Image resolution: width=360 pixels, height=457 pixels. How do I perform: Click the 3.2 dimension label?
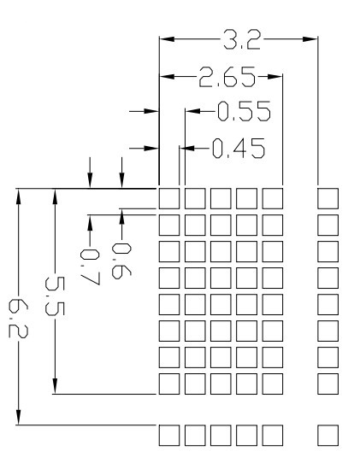pyautogui.click(x=241, y=39)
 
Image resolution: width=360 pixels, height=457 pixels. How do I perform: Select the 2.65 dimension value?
pyautogui.click(x=227, y=77)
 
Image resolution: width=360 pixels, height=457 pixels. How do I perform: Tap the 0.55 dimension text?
pyautogui.click(x=244, y=111)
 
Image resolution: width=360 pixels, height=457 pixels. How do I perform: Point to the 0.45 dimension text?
pyautogui.click(x=239, y=149)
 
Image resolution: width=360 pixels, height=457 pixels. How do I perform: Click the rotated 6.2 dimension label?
pyautogui.click(x=18, y=319)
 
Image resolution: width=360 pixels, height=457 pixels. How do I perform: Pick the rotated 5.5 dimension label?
pyautogui.click(x=55, y=296)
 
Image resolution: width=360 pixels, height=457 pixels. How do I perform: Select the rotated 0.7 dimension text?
pyautogui.click(x=90, y=267)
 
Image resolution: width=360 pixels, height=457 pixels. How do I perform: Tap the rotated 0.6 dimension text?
pyautogui.click(x=121, y=261)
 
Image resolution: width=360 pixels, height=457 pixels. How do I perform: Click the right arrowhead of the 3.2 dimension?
pyautogui.click(x=310, y=39)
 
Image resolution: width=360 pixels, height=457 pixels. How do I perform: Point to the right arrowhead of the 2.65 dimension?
pyautogui.click(x=274, y=77)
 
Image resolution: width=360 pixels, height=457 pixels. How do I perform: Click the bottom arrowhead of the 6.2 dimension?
pyautogui.click(x=18, y=417)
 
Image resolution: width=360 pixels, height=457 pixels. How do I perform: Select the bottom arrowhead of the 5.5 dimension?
pyautogui.click(x=55, y=386)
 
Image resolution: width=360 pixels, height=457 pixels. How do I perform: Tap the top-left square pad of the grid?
pyautogui.click(x=169, y=198)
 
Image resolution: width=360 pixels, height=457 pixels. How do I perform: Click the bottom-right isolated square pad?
pyautogui.click(x=328, y=436)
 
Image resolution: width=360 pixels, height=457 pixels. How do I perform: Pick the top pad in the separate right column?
pyautogui.click(x=328, y=198)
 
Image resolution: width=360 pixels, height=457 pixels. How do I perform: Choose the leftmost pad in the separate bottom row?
pyautogui.click(x=169, y=436)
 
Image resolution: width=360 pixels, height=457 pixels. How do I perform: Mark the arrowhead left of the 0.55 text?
pyautogui.click(x=193, y=111)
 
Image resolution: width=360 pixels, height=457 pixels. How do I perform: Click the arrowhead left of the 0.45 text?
pyautogui.click(x=187, y=149)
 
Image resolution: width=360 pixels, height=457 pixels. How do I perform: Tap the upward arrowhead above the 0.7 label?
pyautogui.click(x=90, y=223)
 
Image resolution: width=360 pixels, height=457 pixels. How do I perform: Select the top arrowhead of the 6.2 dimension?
pyautogui.click(x=18, y=196)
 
